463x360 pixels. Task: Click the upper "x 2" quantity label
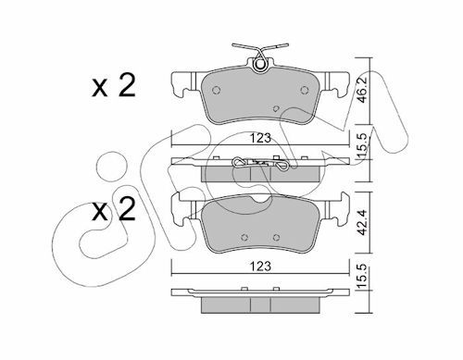tap(114, 86)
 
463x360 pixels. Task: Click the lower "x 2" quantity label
tap(114, 210)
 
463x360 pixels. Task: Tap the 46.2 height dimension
tap(362, 90)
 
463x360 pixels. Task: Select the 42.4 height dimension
tap(362, 222)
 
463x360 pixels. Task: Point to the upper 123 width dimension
tap(260, 138)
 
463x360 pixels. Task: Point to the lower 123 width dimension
tap(260, 266)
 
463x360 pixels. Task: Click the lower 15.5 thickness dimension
tap(362, 276)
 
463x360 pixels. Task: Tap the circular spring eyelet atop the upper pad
tap(261, 65)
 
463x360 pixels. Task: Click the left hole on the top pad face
tap(217, 90)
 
